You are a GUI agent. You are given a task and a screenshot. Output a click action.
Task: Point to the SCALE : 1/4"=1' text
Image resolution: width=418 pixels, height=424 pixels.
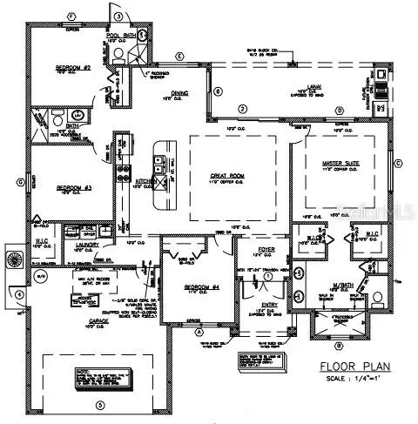351,380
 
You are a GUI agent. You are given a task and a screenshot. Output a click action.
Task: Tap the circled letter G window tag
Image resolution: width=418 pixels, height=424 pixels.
18,182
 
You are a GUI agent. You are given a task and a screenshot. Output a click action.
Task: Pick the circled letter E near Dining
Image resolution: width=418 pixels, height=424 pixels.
179,57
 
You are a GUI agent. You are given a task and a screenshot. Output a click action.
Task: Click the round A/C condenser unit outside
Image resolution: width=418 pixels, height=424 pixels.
11,259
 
